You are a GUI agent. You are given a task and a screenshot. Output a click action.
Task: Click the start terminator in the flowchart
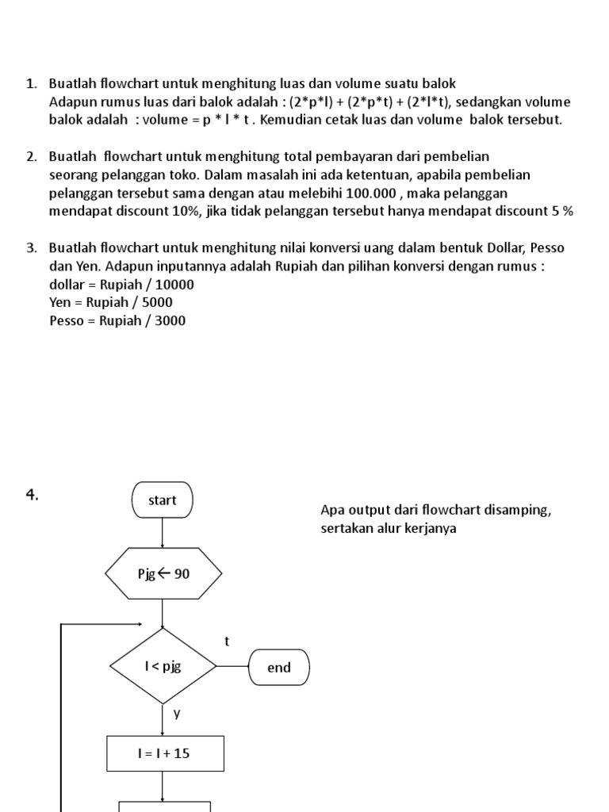pyautogui.click(x=162, y=500)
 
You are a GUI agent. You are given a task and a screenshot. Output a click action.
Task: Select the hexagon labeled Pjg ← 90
pyautogui.click(x=163, y=573)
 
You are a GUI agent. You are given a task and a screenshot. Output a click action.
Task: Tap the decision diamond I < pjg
pyautogui.click(x=163, y=666)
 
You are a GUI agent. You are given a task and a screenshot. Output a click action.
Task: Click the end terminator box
pyautogui.click(x=279, y=668)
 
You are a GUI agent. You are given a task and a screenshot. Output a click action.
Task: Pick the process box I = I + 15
pyautogui.click(x=165, y=753)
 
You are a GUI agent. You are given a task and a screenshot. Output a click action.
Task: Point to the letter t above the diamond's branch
pyautogui.click(x=227, y=642)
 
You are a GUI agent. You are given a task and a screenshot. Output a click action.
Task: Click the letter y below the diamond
pyautogui.click(x=178, y=713)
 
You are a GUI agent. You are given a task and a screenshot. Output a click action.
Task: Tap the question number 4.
pyautogui.click(x=33, y=496)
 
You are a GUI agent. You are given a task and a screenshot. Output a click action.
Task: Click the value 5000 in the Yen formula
pyautogui.click(x=157, y=302)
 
